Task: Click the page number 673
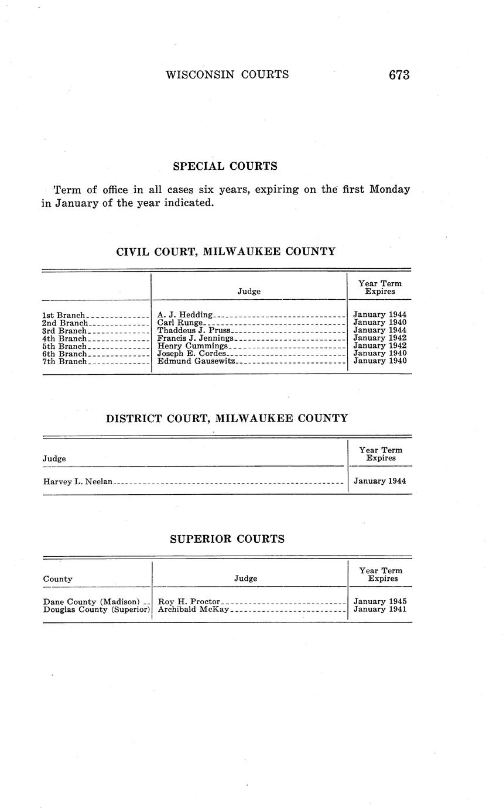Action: click(398, 75)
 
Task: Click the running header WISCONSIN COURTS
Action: click(227, 74)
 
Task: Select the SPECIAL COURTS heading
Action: click(225, 166)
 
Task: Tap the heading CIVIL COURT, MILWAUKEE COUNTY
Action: click(226, 252)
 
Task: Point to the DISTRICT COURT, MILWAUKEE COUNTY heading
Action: click(227, 419)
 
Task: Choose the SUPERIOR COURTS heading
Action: click(227, 539)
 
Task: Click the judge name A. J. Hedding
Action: click(185, 315)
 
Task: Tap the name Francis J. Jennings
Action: click(196, 338)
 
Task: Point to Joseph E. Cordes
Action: click(191, 354)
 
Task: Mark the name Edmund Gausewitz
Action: click(196, 361)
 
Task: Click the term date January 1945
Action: click(380, 601)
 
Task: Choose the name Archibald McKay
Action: click(193, 610)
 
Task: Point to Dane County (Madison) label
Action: click(91, 601)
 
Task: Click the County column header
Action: click(58, 579)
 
